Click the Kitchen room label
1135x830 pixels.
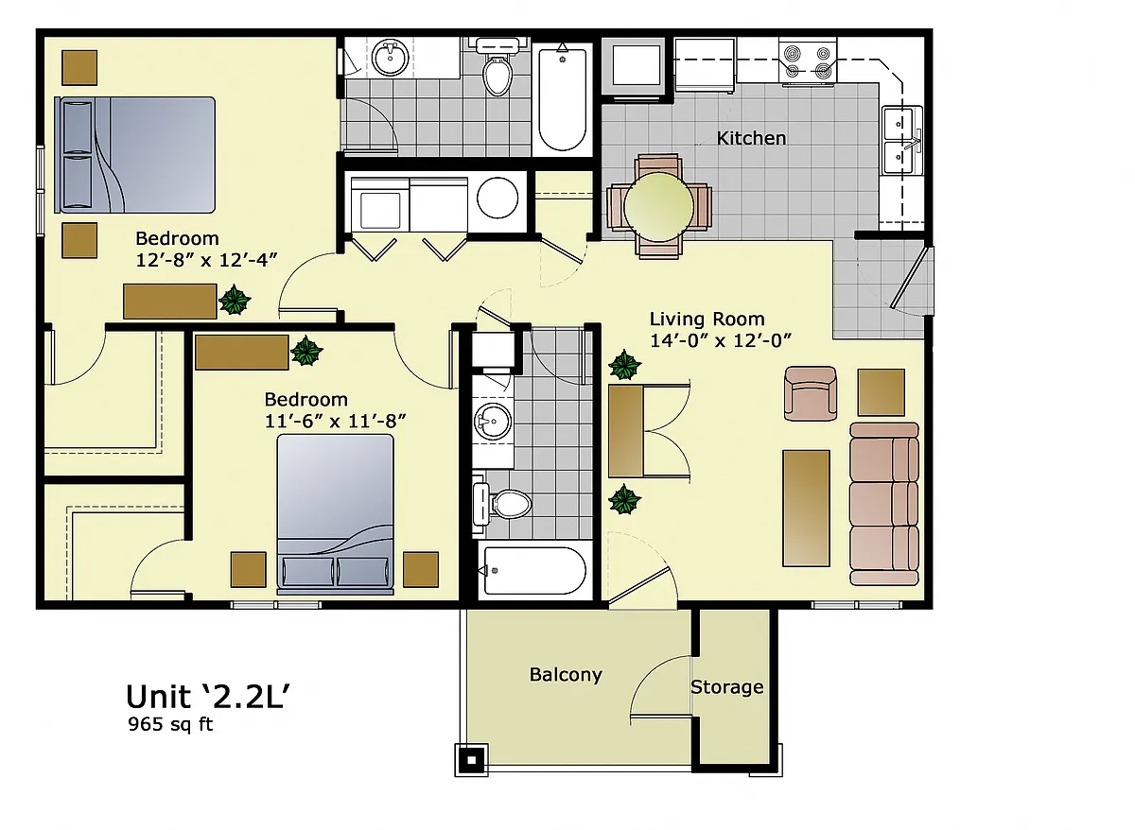click(751, 138)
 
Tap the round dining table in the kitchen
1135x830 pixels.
click(658, 207)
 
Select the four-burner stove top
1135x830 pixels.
click(808, 62)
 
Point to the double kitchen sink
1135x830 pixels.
click(902, 140)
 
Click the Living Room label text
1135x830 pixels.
click(707, 319)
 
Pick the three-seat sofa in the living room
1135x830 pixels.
click(884, 504)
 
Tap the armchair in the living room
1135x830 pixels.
click(811, 393)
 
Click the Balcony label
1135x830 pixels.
click(566, 675)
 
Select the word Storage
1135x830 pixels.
click(727, 687)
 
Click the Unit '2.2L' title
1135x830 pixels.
click(208, 697)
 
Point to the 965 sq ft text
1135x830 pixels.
click(170, 724)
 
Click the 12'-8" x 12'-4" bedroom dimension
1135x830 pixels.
click(207, 260)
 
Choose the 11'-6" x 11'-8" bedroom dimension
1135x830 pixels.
click(336, 421)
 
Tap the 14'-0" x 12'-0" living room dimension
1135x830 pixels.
click(721, 340)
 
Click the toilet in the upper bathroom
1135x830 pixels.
click(498, 69)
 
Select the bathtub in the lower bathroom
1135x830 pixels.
click(535, 571)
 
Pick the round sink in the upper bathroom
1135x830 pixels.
click(390, 59)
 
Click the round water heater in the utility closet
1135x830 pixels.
click(498, 198)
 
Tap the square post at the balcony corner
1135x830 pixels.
click(471, 760)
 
